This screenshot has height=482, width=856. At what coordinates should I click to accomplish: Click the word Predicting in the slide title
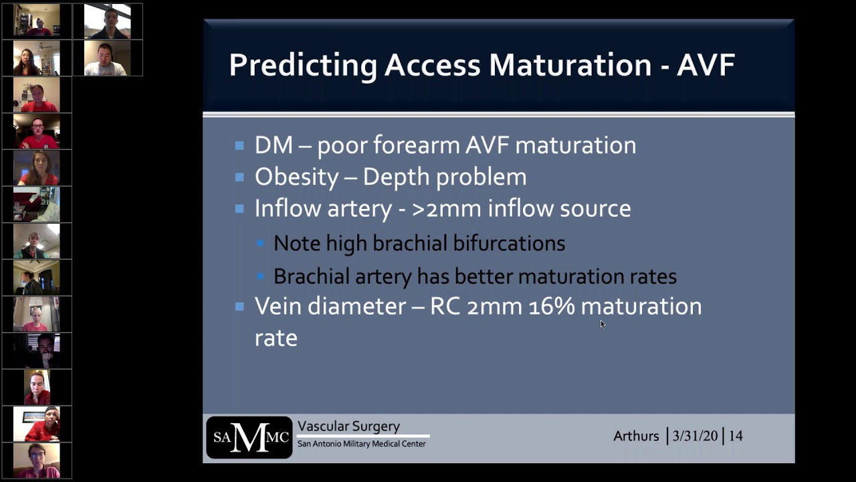coord(302,66)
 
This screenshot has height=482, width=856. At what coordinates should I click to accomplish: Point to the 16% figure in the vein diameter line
coord(551,306)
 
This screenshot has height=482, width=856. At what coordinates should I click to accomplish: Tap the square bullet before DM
coord(239,145)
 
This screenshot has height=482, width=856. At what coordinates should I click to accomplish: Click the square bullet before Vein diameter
coord(239,307)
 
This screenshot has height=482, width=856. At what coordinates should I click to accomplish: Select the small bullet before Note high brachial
coord(260,244)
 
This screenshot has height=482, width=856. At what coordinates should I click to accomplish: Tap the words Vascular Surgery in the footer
coord(348,426)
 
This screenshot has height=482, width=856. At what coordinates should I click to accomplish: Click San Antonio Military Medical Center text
coord(361,444)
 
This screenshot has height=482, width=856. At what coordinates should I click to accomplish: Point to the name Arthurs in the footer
coord(636,436)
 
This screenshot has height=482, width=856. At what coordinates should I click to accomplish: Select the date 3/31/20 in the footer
coord(695,436)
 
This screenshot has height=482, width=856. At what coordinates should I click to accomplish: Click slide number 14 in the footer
coord(736,436)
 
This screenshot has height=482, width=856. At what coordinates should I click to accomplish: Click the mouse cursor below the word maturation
coord(602,324)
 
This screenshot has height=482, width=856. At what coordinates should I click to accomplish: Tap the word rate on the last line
coord(276,337)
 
